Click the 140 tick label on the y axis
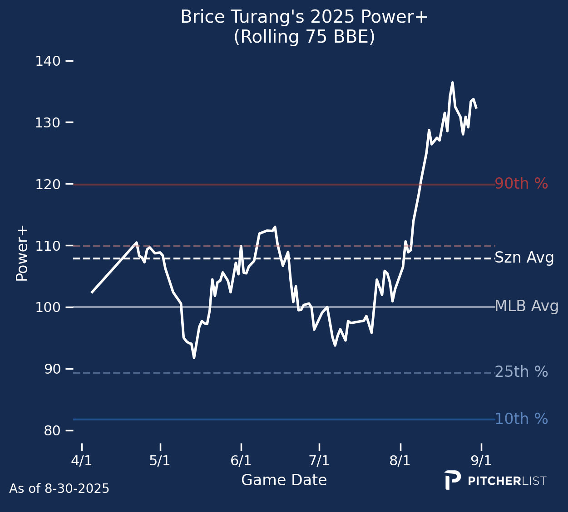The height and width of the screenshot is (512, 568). click(48, 61)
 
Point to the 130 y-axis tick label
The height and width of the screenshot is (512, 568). click(48, 122)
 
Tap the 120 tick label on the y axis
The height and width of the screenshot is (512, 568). click(48, 184)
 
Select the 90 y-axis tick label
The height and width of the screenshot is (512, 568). click(52, 369)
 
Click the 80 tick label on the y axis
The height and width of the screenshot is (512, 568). click(52, 430)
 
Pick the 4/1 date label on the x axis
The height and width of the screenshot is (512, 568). click(82, 461)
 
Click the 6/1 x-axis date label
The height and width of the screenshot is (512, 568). click(241, 461)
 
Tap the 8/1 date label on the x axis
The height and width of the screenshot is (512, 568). click(400, 461)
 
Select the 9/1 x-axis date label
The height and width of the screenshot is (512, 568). click(481, 461)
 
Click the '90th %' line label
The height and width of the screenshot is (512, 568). click(521, 184)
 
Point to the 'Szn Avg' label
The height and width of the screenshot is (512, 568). click(524, 258)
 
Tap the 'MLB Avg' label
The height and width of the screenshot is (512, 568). click(526, 306)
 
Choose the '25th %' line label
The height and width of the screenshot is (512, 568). click(521, 372)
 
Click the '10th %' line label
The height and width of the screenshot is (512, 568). click(521, 419)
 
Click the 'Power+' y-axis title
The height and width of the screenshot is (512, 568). click(22, 254)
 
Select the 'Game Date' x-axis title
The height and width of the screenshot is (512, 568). click(284, 480)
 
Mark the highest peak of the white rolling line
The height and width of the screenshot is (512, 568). click(452, 83)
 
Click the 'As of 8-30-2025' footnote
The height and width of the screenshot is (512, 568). click(59, 488)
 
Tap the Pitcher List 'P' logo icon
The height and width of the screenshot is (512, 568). click(452, 480)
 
